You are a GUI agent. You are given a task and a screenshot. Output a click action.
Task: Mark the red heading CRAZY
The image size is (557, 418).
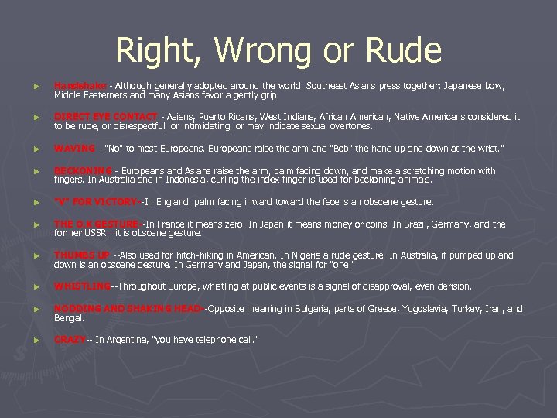point(70,340)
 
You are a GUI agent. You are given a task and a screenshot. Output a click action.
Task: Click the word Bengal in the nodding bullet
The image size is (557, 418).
point(67,317)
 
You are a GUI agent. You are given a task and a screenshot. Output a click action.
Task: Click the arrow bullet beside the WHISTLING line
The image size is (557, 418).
point(28,286)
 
